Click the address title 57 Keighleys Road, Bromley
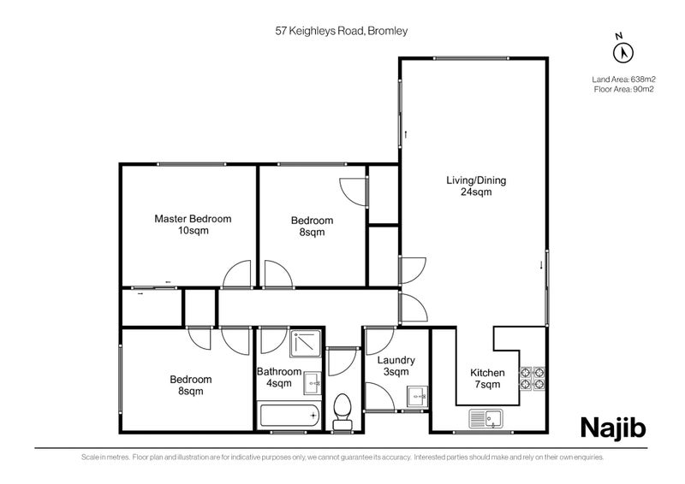(341, 31)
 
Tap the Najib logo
(613, 426)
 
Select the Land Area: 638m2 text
(623, 80)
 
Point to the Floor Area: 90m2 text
(623, 89)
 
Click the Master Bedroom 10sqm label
(193, 225)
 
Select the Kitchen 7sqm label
(487, 379)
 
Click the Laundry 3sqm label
(396, 366)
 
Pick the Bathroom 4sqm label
(279, 377)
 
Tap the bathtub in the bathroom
(289, 419)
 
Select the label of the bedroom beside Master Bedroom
(312, 226)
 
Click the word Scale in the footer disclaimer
(90, 457)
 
